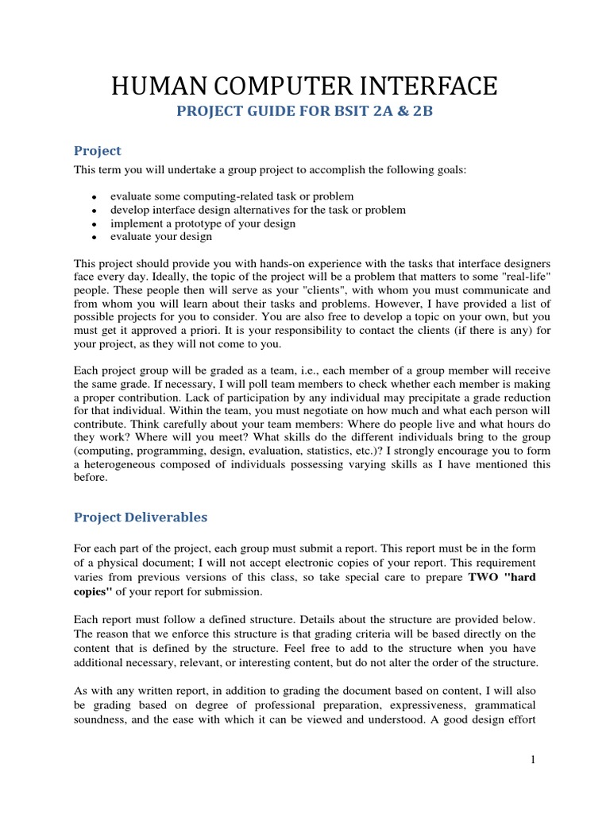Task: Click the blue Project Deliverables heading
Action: coord(141,517)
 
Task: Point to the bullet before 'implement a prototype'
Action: coord(95,224)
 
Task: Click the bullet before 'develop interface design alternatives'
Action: coord(95,211)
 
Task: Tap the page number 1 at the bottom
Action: coord(534,760)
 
